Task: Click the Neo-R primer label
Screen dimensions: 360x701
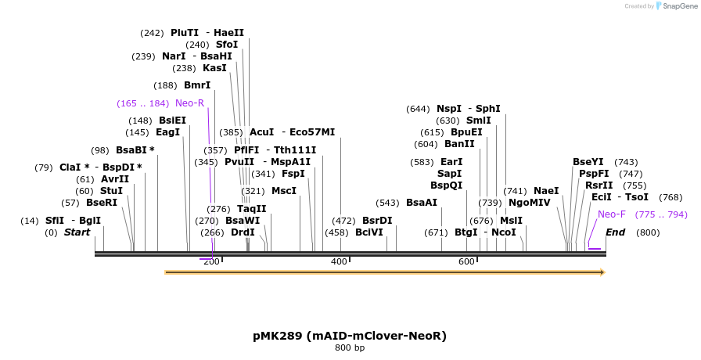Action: click(x=189, y=103)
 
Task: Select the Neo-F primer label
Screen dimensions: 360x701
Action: click(x=611, y=214)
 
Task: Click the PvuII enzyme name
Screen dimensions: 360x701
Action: click(x=239, y=162)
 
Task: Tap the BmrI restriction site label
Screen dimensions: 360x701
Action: click(x=197, y=85)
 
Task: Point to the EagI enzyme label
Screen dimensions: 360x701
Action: click(x=167, y=132)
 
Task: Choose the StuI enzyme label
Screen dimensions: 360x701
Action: click(x=111, y=191)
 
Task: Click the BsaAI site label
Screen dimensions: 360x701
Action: click(x=422, y=203)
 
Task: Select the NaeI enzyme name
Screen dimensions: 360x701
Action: click(x=546, y=191)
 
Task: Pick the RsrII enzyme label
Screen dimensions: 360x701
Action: click(x=599, y=185)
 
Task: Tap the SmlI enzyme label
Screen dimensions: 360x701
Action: click(x=478, y=121)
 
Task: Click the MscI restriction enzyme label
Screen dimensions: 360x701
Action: click(x=284, y=191)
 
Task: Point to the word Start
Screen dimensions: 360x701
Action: click(x=77, y=232)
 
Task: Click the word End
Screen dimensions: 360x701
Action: click(x=615, y=232)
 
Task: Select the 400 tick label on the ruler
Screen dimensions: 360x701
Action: click(x=339, y=283)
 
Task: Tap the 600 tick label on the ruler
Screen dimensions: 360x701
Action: click(x=466, y=283)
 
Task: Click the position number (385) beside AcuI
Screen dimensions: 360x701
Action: click(x=231, y=132)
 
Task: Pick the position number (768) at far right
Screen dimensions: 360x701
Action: click(x=670, y=197)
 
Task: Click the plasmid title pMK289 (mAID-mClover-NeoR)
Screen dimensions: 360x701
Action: click(x=350, y=336)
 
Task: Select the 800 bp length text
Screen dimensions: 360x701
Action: click(x=350, y=347)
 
